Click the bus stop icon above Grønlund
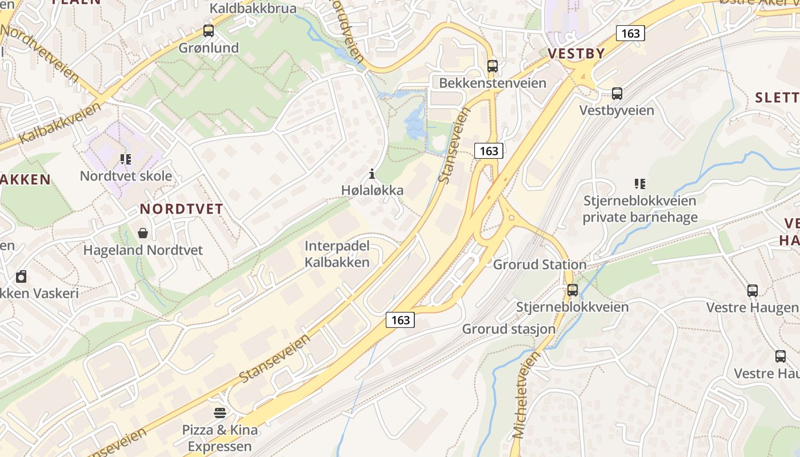click(209, 31)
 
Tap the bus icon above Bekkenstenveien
click(493, 66)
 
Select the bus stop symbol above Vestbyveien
click(617, 93)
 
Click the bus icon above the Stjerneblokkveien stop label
click(573, 290)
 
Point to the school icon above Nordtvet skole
click(126, 159)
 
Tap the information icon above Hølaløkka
click(372, 174)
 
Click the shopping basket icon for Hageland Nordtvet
click(142, 233)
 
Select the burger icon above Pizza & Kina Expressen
click(220, 412)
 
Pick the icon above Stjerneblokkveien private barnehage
click(640, 183)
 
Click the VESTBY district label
click(576, 54)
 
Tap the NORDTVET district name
click(181, 209)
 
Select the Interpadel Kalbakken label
click(337, 254)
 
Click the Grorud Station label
click(539, 264)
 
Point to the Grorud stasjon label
click(509, 329)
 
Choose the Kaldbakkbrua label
click(253, 9)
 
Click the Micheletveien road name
click(526, 395)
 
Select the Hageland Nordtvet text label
click(143, 250)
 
